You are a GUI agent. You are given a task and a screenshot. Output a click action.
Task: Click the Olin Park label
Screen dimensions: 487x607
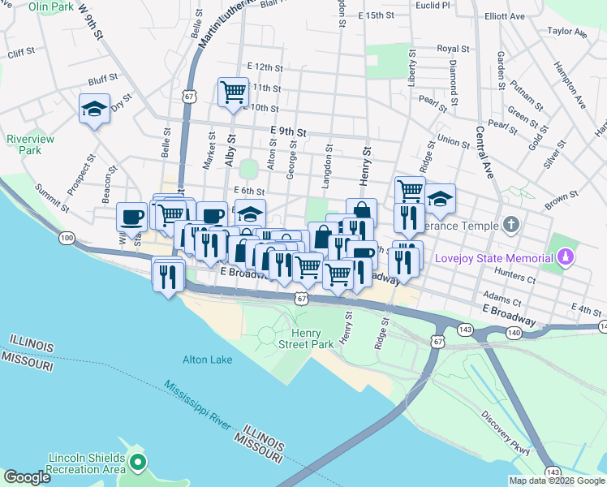pyautogui.click(x=50, y=6)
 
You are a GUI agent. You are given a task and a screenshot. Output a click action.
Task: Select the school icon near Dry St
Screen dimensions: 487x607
pyautogui.click(x=94, y=108)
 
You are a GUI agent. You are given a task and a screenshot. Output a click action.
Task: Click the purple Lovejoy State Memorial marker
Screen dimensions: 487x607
pyautogui.click(x=566, y=258)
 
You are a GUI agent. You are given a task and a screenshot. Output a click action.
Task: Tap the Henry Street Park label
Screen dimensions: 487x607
pyautogui.click(x=312, y=338)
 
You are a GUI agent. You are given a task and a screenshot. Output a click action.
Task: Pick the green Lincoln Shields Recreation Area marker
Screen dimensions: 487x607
pyautogui.click(x=137, y=463)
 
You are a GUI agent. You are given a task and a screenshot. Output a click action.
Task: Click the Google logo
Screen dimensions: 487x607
pyautogui.click(x=27, y=477)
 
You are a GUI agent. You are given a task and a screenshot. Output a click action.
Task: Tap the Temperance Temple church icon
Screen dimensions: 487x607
pyautogui.click(x=510, y=223)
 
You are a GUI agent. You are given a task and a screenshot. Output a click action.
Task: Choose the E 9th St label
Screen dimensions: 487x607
pyautogui.click(x=289, y=131)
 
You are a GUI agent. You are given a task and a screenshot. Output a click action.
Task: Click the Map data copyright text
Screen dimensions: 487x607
pyautogui.click(x=557, y=481)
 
